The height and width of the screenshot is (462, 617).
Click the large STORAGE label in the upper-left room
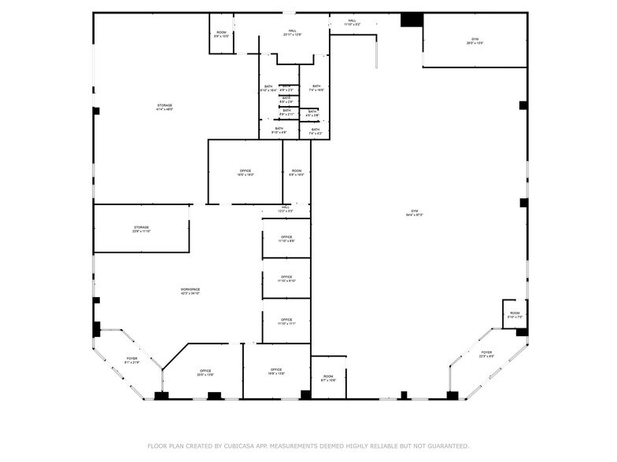coord(164,105)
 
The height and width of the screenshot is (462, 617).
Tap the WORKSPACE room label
coord(190,290)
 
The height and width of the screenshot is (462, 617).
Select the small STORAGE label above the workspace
coord(141,228)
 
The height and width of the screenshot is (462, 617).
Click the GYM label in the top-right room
coord(475,38)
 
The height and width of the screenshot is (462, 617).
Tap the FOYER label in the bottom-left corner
coord(131,359)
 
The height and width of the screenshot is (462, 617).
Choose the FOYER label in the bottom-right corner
coord(486,353)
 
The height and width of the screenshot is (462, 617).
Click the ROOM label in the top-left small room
coord(222,32)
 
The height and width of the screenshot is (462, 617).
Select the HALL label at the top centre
coord(292,31)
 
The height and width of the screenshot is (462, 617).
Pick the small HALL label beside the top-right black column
coord(352,20)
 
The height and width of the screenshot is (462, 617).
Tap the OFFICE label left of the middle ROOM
coord(245,171)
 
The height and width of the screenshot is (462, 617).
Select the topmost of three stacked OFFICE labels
coord(286,237)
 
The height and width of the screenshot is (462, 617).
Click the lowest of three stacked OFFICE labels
coord(286,319)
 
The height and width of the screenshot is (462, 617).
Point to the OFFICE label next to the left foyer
coord(205,371)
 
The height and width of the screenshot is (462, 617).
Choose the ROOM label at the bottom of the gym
coord(328,377)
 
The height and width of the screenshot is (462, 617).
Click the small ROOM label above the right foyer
coord(515,313)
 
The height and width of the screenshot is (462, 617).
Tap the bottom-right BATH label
coord(315,130)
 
